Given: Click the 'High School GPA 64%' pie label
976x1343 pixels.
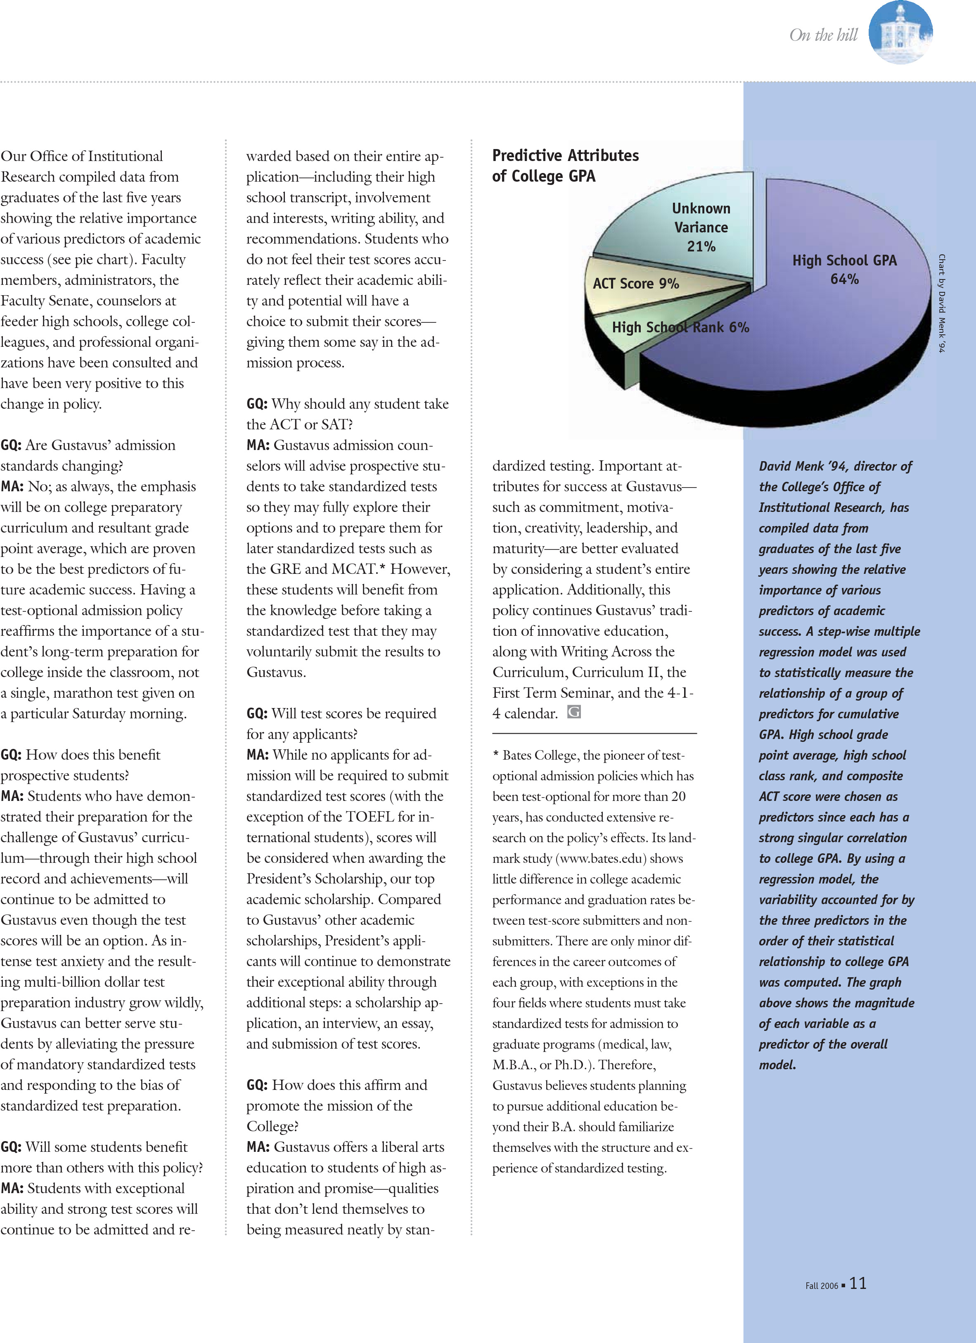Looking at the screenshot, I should coord(845,270).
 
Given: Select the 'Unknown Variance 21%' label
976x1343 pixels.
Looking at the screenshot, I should coord(701,227).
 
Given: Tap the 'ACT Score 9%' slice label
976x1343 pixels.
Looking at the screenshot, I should coord(635,284).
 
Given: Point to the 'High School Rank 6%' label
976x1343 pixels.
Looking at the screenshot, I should coord(680,327).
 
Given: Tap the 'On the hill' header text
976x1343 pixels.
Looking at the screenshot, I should coord(823,36).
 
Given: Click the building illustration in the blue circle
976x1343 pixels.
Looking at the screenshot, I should coord(900,33).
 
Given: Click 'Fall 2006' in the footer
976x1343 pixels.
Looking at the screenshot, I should coord(822,1286).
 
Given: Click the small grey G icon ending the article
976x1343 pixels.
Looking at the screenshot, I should coord(574,712).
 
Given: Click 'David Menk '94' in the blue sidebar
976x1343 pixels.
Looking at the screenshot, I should coord(805,467).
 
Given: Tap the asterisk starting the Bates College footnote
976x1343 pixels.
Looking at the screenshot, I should coord(496,756).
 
